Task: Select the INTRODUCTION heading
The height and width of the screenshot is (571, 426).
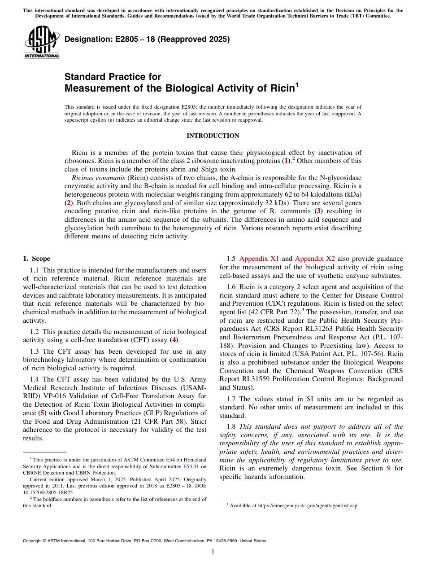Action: tap(213, 136)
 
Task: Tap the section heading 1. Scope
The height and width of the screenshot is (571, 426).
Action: tap(36, 259)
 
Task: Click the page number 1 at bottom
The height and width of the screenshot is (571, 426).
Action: tap(213, 552)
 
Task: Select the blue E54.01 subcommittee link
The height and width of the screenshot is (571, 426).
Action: tap(191, 466)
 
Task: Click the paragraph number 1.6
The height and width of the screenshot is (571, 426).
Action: tap(231, 287)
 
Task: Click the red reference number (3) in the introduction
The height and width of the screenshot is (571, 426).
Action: tap(317, 211)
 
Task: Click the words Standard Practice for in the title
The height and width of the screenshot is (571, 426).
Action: tap(113, 76)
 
